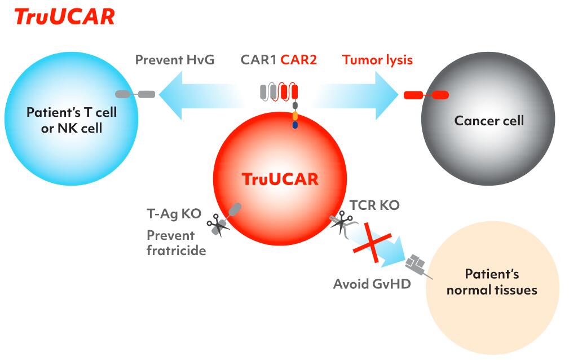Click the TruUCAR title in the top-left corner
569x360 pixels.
pos(64,16)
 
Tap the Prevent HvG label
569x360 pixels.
pos(174,60)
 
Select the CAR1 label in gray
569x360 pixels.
pos(259,60)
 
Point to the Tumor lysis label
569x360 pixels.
pos(377,60)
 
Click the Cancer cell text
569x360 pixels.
pos(489,120)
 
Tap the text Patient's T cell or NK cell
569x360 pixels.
pos(72,120)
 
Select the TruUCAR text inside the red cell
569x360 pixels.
pos(280,179)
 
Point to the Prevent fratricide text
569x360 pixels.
pos(176,242)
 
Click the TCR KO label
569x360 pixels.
pos(374,205)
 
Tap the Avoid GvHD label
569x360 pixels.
pos(372,283)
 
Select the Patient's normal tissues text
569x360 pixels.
pos(492,282)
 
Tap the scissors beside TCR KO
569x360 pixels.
pos(341,223)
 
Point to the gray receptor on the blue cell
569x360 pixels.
pos(135,94)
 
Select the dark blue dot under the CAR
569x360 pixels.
pos(295,125)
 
